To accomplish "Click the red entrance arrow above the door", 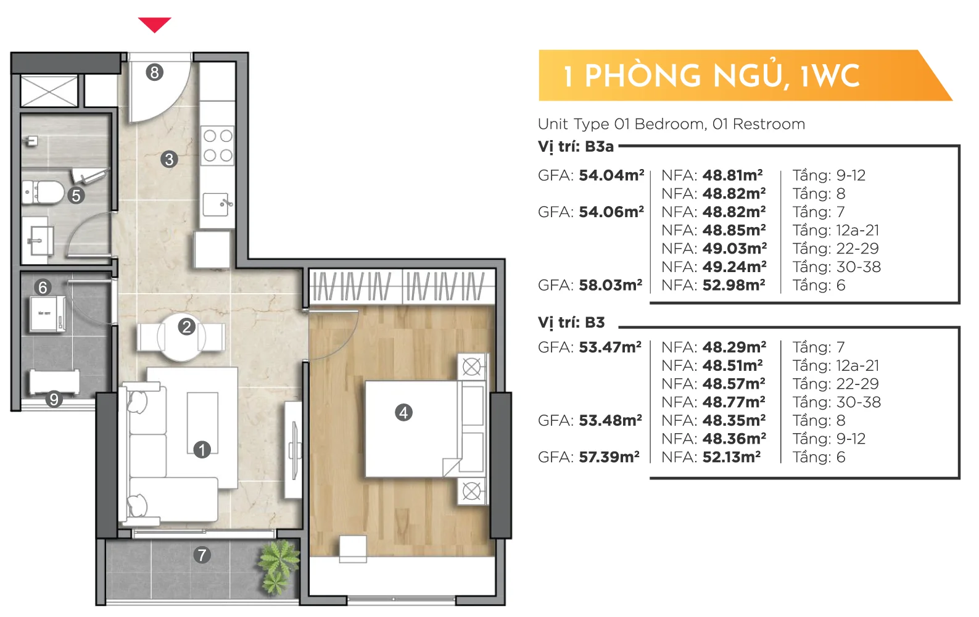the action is coord(155,25).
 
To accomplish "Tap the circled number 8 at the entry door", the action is coord(154,72).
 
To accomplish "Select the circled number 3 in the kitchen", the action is coord(169,159).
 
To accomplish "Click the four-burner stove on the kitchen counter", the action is coord(218,146).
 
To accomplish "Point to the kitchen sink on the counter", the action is coord(217,204).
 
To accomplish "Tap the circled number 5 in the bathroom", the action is coord(76,196).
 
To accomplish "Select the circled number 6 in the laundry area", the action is coord(43,288).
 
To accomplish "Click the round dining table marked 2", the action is coord(181,337).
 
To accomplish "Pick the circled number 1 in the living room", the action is coord(202,450).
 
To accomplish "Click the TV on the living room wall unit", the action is coord(295,450).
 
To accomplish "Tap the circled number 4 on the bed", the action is coord(403,412).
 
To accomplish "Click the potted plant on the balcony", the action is coord(278,567).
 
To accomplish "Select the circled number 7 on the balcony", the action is coord(202,555).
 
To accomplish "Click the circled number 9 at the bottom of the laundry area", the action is coord(54,399).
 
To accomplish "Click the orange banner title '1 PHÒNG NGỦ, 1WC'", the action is coord(711,76).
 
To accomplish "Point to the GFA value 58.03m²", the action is coord(611,284).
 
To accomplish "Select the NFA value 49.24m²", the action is coord(734,267).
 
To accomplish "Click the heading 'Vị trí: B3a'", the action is coord(576,146).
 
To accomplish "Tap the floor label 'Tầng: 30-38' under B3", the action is coord(836,402).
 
